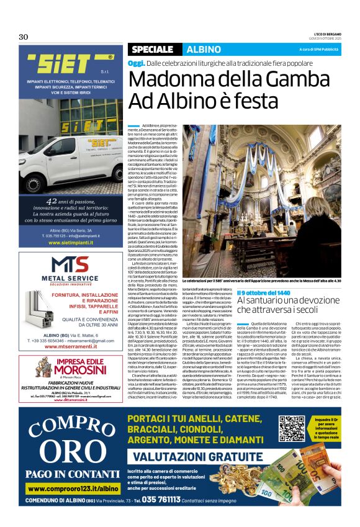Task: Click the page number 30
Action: click(24, 37)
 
